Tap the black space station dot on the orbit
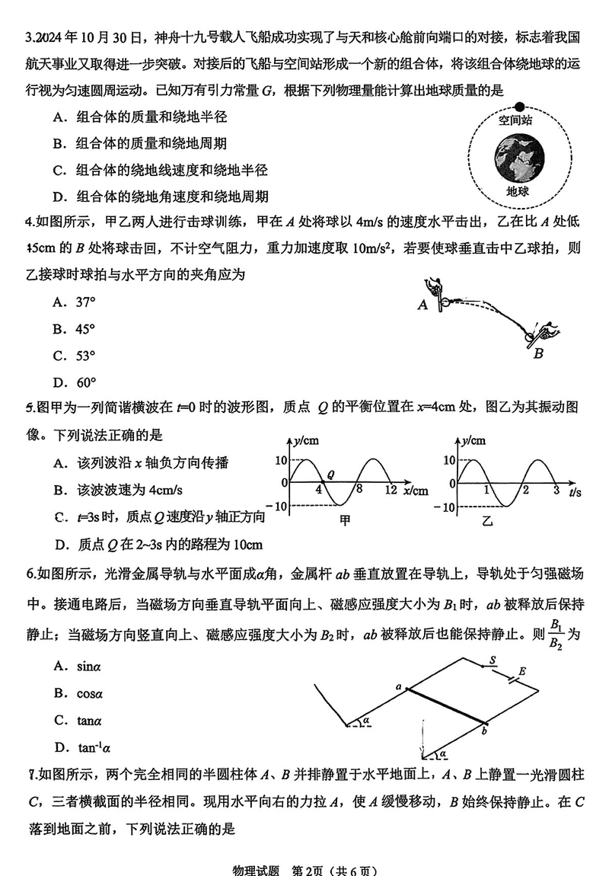click(520, 107)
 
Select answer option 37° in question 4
click(85, 302)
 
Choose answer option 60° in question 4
click(85, 382)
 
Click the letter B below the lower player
click(538, 353)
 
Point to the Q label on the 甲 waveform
click(331, 474)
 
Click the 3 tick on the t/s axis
click(556, 490)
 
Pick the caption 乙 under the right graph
click(487, 520)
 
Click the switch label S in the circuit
click(493, 660)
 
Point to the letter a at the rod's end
click(398, 687)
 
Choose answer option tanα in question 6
click(89, 720)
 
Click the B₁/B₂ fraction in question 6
click(557, 634)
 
